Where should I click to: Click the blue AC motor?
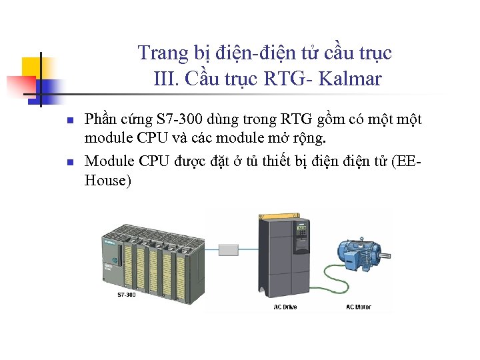pyautogui.click(x=358, y=253)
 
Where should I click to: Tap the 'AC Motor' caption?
pyautogui.click(x=359, y=307)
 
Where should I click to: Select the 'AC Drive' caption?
pyautogui.click(x=285, y=307)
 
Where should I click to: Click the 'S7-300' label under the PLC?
pyautogui.click(x=127, y=294)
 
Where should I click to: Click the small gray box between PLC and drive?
pyautogui.click(x=229, y=250)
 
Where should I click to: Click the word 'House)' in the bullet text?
pyautogui.click(x=108, y=181)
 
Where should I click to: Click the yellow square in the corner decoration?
pyautogui.click(x=32, y=67)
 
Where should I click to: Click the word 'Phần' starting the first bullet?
pyautogui.click(x=100, y=120)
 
